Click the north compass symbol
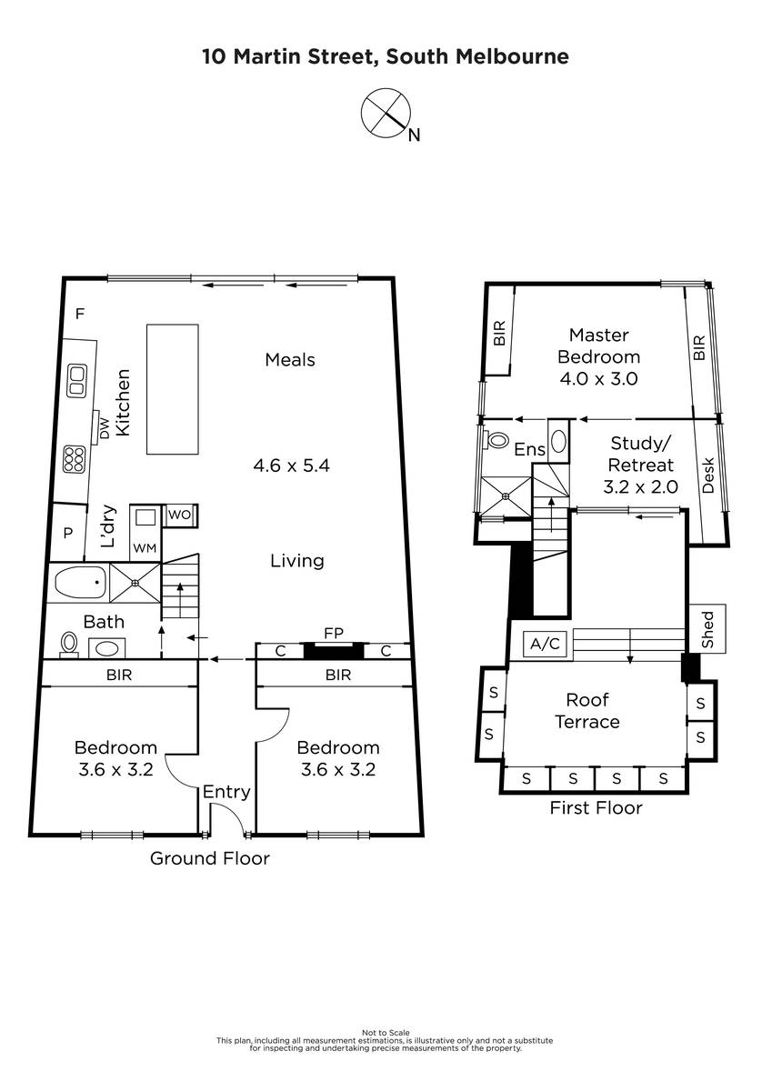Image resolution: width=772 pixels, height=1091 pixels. [x=386, y=114]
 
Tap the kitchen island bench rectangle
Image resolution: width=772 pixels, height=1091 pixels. [x=173, y=389]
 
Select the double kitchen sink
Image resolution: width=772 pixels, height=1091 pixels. [x=77, y=380]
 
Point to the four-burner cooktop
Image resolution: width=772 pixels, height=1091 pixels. [x=74, y=459]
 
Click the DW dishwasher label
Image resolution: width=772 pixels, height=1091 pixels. [x=105, y=428]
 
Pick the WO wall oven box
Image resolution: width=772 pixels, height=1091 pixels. [x=180, y=515]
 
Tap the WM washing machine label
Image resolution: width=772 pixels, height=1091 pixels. [x=145, y=548]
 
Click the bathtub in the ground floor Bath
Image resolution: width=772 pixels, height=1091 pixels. [x=80, y=582]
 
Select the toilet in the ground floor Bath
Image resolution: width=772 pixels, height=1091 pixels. [x=69, y=644]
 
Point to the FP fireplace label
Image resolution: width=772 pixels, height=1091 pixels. [x=334, y=633]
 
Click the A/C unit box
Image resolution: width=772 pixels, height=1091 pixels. [x=545, y=644]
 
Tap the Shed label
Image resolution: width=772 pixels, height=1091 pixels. [x=707, y=630]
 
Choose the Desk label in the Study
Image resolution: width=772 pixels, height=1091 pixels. [x=708, y=475]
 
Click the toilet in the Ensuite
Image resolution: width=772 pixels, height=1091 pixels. [x=496, y=440]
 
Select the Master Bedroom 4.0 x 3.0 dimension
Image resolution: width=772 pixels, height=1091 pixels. [x=598, y=378]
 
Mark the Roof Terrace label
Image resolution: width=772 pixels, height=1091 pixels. [x=587, y=711]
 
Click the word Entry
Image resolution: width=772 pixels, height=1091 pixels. [x=226, y=792]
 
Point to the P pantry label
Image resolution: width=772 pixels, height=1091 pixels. [x=67, y=534]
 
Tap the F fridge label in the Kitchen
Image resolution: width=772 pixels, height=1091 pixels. [x=80, y=314]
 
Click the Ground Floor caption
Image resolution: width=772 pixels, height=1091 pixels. [x=209, y=858]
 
